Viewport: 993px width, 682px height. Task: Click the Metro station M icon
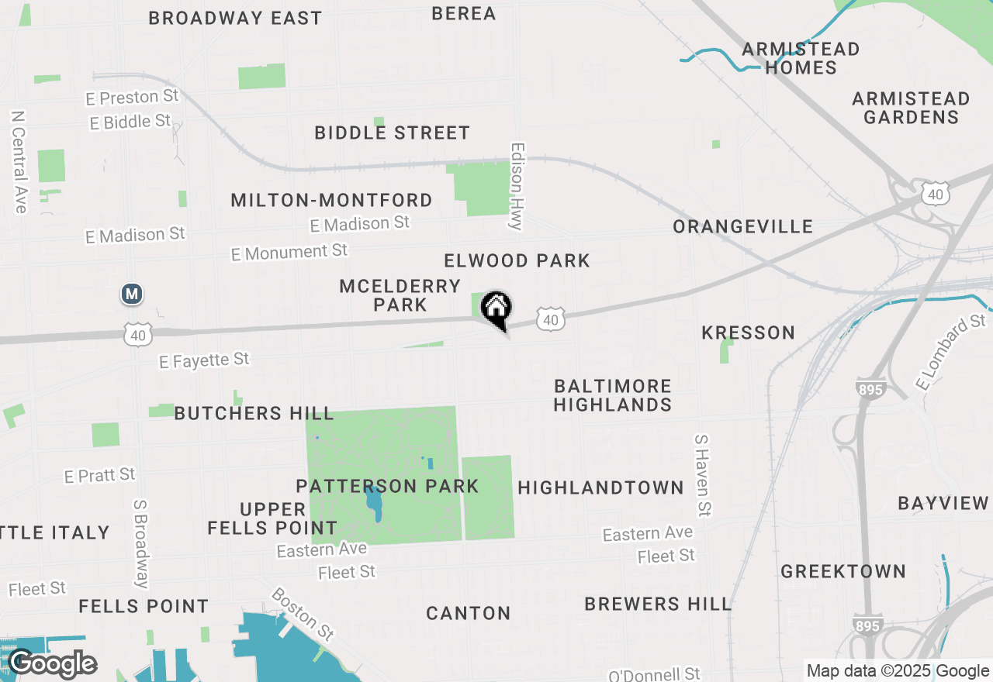tap(133, 294)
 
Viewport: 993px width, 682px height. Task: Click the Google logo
tap(53, 663)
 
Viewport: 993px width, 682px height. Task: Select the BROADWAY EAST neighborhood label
tap(235, 18)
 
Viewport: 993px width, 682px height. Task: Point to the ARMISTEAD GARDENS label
tap(911, 108)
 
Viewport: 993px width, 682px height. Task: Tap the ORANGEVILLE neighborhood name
tap(742, 226)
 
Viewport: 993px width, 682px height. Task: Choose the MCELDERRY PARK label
tap(400, 295)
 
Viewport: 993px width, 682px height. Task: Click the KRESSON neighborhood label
tap(748, 332)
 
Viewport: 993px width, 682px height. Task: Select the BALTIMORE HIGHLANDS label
tap(612, 395)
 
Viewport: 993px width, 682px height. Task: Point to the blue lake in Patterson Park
tap(375, 503)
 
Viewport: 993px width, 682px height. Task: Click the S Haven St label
tap(702, 475)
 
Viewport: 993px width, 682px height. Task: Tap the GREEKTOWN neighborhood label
tap(842, 572)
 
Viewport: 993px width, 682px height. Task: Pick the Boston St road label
tap(303, 615)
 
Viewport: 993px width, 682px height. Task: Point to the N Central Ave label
tap(19, 161)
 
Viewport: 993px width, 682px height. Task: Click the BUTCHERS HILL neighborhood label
tap(254, 413)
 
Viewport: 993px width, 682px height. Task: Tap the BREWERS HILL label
tap(657, 604)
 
